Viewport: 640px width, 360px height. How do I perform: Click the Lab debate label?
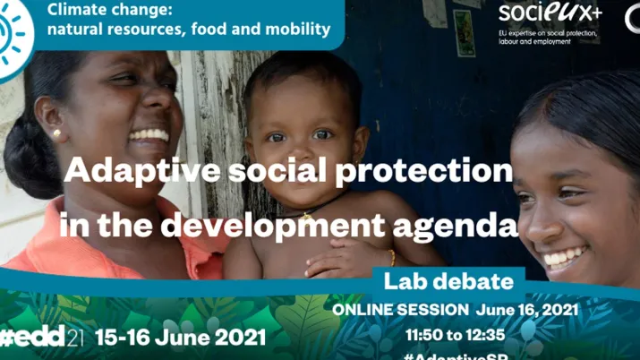pyautogui.click(x=448, y=282)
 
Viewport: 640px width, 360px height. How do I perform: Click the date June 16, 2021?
pyautogui.click(x=527, y=310)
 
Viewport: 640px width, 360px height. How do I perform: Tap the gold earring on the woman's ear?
pyautogui.click(x=57, y=134)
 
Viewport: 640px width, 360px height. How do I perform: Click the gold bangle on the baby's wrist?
pyautogui.click(x=391, y=257)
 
